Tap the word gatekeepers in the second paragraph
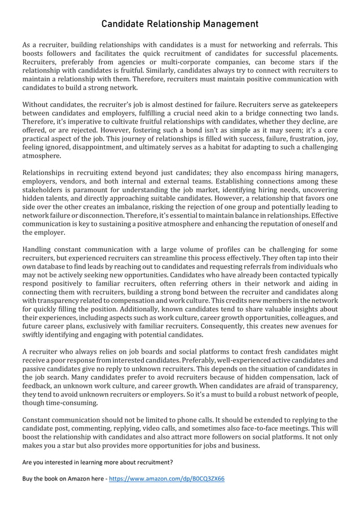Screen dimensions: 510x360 click(x=314, y=104)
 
